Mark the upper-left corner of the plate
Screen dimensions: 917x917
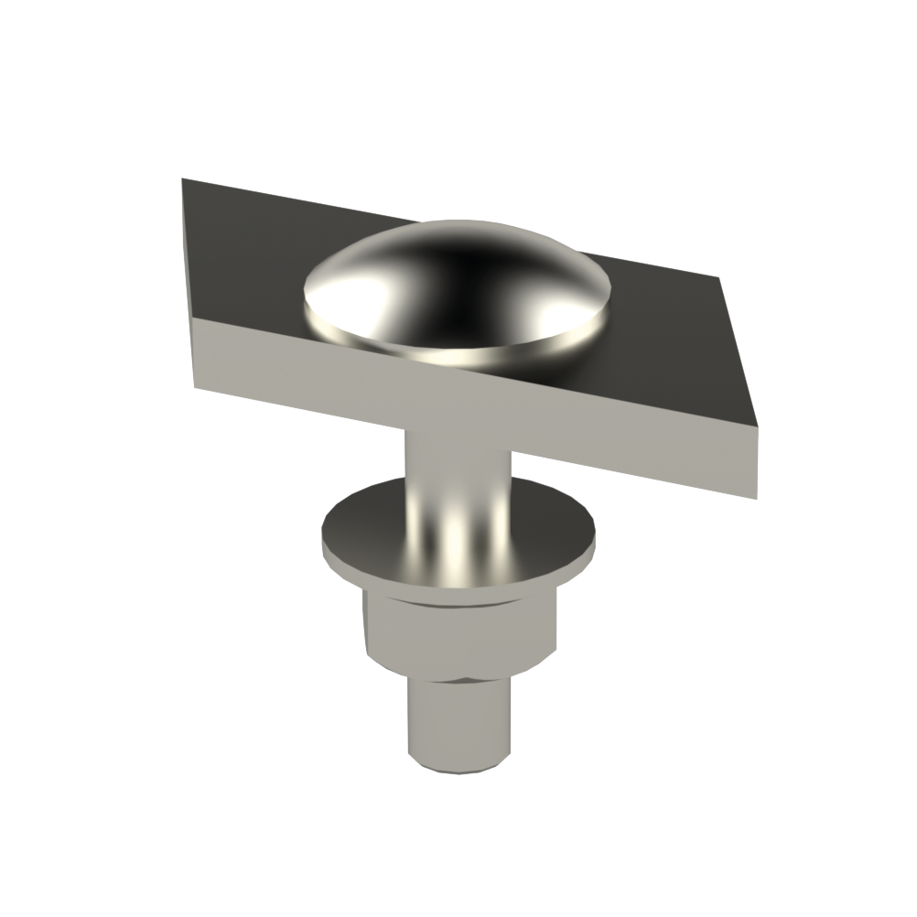tap(183, 179)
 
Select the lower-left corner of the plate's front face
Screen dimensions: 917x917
tap(195, 385)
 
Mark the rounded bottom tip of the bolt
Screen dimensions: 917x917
tap(458, 767)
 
